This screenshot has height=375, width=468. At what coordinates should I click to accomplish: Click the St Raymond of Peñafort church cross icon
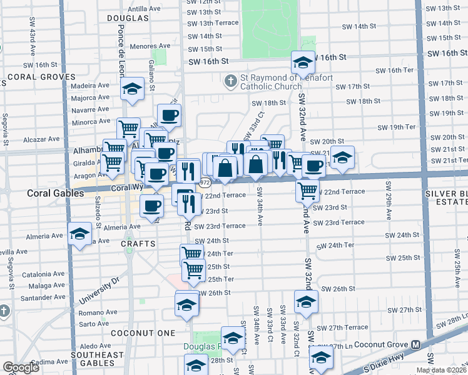click(230, 81)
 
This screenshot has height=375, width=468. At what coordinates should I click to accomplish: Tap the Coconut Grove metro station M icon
click(416, 344)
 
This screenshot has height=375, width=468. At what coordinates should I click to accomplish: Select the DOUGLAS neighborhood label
click(128, 18)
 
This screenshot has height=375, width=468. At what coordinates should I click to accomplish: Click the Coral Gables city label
click(55, 194)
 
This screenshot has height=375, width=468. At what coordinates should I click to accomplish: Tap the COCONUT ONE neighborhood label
click(143, 333)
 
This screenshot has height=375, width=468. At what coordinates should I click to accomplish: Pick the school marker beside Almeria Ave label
click(79, 234)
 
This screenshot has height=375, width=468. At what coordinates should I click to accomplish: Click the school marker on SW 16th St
click(302, 62)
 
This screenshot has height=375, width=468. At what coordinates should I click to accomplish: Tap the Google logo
click(21, 367)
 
